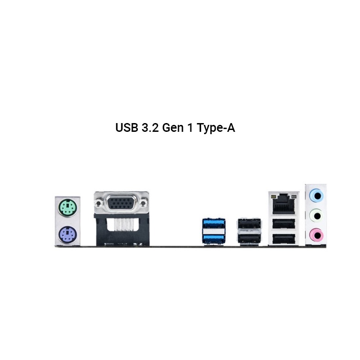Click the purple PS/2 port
pos(67,236)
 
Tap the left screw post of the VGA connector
pos(99,203)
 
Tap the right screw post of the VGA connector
pos(144,203)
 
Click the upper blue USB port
pos(214,224)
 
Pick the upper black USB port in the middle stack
pos(248,224)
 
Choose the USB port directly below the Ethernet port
pos(284,224)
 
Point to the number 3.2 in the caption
pos(150,128)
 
